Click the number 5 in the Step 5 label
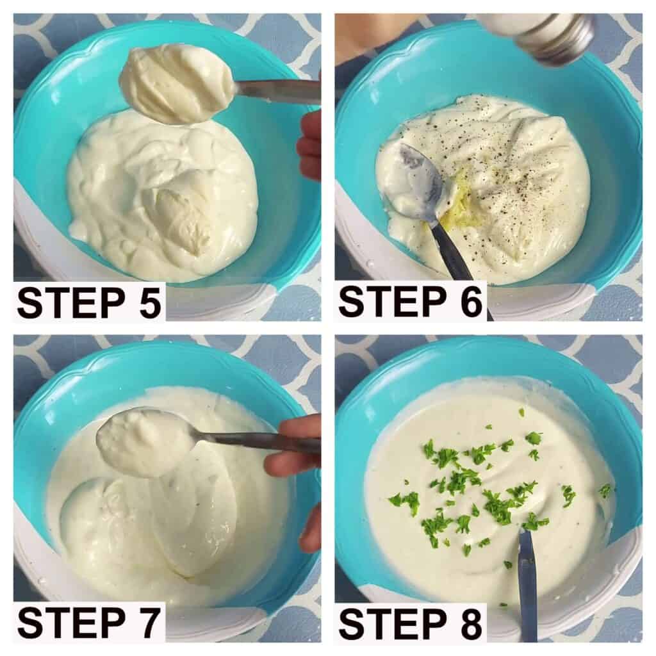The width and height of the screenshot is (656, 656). (x=150, y=302)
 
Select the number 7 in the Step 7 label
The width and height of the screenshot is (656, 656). (x=149, y=623)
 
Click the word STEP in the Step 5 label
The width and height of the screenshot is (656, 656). (x=71, y=302)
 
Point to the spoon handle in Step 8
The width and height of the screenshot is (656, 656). (x=527, y=586)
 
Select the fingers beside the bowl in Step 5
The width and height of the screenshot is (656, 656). (x=309, y=143)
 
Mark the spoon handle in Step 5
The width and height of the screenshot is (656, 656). (x=276, y=91)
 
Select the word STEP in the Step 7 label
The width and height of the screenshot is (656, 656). (x=71, y=623)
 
